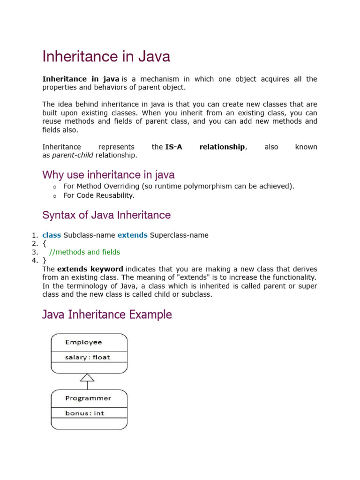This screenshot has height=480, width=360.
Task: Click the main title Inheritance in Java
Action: tap(106, 57)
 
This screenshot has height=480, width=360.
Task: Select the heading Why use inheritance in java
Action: tap(108, 175)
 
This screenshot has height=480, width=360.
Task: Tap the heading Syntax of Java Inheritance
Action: tap(106, 215)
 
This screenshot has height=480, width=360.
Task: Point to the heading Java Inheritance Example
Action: tap(107, 315)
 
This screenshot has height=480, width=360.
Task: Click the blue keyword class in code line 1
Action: tap(52, 235)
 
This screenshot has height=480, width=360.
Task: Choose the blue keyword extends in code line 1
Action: tap(132, 235)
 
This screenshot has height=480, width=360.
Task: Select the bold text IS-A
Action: tap(173, 147)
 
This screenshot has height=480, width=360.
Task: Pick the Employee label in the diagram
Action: tap(83, 342)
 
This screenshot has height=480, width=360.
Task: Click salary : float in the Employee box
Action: tap(88, 357)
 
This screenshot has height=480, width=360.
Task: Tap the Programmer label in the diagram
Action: tap(88, 398)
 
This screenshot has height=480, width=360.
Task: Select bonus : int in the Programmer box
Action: tap(85, 413)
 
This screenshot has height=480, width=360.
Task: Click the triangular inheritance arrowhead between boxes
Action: tap(88, 377)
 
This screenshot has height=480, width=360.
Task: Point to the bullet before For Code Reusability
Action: tap(54, 195)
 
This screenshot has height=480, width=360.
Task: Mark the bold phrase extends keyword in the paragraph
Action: tap(90, 269)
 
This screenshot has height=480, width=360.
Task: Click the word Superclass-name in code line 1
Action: tap(179, 235)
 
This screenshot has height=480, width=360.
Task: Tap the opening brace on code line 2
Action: tap(44, 243)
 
